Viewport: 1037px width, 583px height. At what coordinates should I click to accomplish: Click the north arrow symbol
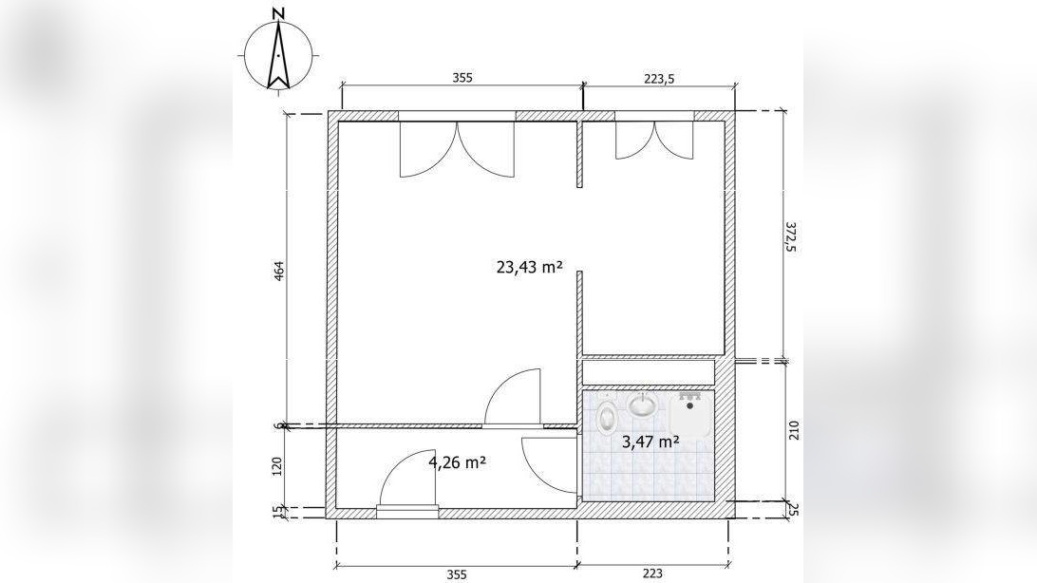pos(279,54)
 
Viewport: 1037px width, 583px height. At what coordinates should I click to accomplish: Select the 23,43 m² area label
pos(529,267)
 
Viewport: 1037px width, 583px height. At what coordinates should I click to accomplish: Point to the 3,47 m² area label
pos(650,442)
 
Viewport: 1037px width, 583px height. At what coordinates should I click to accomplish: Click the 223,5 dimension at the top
pos(659,78)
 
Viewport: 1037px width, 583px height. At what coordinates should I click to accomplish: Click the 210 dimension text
pos(794,430)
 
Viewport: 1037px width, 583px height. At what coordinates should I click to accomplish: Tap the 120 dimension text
pos(277,466)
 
